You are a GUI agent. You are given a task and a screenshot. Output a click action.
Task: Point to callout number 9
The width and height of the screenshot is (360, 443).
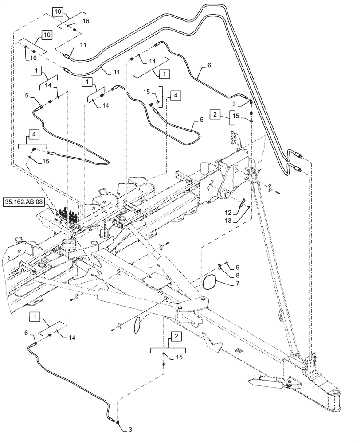coord(237,267)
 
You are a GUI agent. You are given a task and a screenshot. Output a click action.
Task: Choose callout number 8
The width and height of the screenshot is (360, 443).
coord(237,275)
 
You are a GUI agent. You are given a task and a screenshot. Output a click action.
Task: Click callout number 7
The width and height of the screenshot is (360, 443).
coord(237,282)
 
